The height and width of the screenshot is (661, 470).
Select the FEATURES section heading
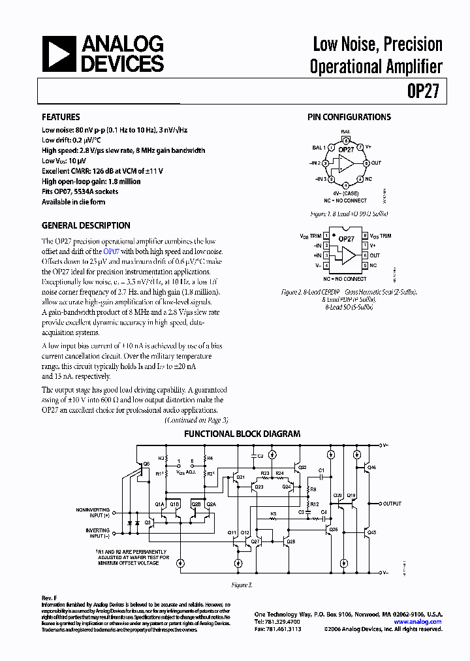(61, 117)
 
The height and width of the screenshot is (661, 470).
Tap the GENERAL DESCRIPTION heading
(86, 225)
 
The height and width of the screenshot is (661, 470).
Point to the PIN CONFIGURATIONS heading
(349, 117)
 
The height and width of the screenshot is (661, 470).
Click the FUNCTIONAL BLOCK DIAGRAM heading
(242, 434)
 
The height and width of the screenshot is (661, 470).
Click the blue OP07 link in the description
(112, 251)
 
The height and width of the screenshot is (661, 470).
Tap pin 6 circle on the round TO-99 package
(367, 163)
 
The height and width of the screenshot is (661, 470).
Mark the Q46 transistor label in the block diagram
(371, 468)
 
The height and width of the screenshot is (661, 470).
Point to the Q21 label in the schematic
(240, 477)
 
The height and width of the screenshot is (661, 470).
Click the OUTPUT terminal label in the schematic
(392, 504)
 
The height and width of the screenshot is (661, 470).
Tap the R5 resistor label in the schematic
(274, 513)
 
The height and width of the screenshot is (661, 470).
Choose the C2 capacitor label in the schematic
(260, 455)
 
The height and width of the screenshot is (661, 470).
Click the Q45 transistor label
(371, 533)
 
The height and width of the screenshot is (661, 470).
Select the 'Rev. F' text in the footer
(50, 598)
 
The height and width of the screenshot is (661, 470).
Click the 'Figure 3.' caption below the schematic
(242, 585)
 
